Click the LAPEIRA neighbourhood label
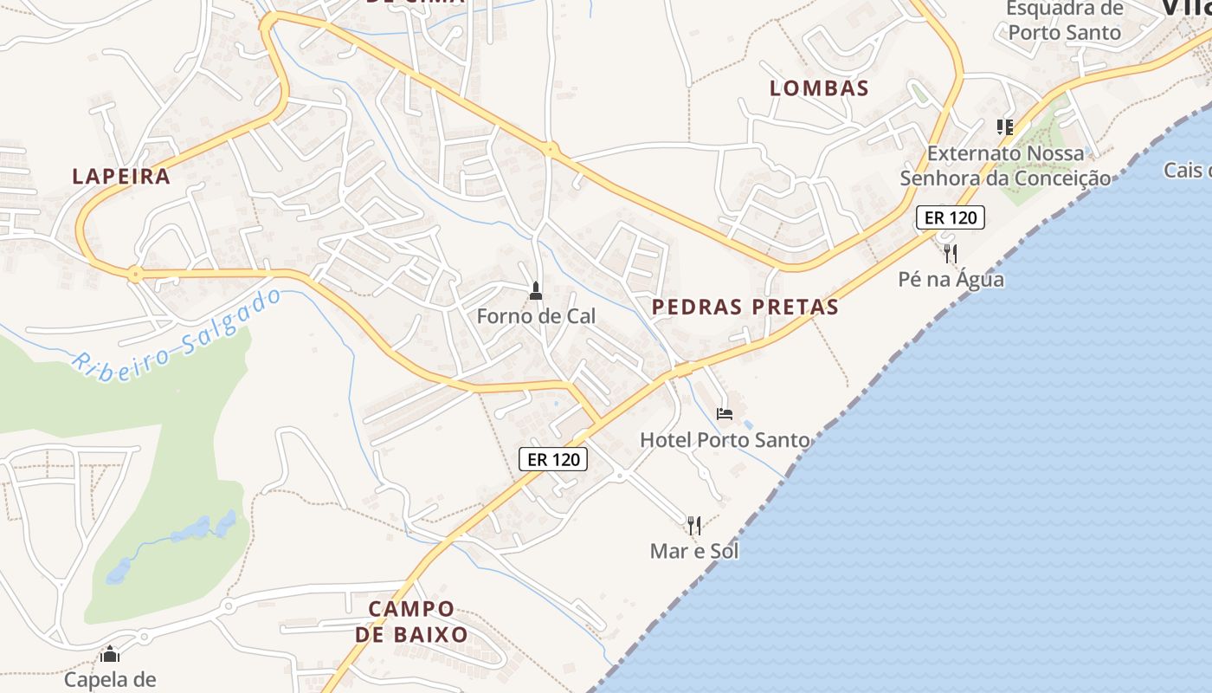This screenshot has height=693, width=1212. point(121,176)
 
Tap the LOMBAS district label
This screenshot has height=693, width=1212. point(819,87)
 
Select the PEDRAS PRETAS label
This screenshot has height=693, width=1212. point(745,307)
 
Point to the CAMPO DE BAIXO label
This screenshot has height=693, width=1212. point(411,621)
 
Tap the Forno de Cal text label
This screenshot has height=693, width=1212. point(536,316)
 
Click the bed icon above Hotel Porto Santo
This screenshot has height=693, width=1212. point(725,414)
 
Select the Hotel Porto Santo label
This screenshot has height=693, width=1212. point(725,440)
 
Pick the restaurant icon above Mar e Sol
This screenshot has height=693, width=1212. point(693,525)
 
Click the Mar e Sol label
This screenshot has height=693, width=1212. point(694,550)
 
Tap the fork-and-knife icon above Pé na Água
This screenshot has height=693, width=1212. point(951,253)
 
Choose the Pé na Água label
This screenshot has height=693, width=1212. point(951,279)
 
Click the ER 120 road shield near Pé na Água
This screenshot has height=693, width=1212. point(951,217)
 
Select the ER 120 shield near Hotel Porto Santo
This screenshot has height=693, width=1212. point(553,459)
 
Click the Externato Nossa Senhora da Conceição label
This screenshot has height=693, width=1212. point(1005,165)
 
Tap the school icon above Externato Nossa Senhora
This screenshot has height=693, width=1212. point(1004,127)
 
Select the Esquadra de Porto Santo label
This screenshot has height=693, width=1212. point(1064,21)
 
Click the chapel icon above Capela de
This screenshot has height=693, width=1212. point(110,654)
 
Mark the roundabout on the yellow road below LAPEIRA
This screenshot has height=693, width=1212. point(134,275)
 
